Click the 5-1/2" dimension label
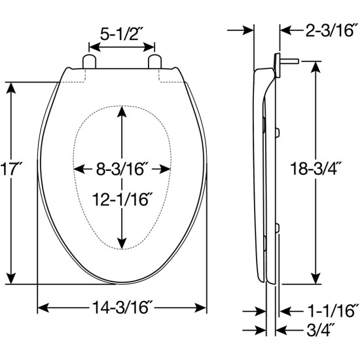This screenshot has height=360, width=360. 122,34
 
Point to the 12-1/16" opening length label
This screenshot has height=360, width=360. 122,199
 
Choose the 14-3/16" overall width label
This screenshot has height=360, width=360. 122,307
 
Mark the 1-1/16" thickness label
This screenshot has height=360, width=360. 333,311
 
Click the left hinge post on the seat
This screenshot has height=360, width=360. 89,62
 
